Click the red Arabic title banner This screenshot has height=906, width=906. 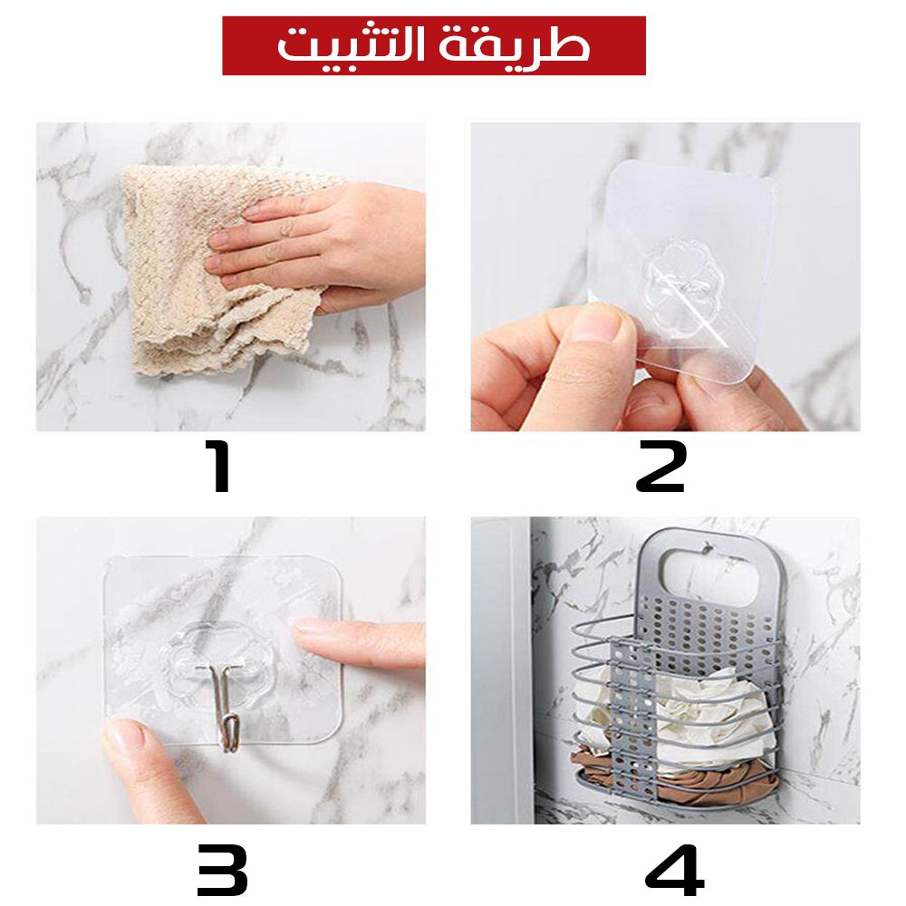pyautogui.click(x=433, y=45)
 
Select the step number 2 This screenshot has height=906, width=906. pyautogui.click(x=660, y=467)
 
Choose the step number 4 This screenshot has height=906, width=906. pyautogui.click(x=674, y=869)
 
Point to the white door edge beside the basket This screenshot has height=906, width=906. pyautogui.click(x=503, y=670)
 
